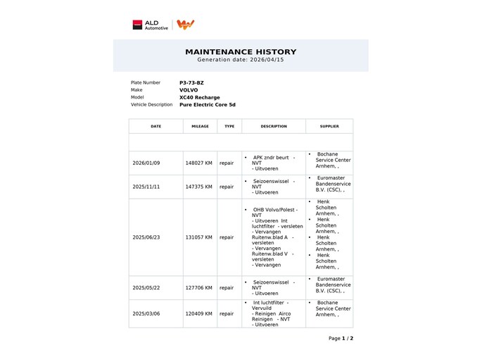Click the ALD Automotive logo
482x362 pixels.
(151, 25)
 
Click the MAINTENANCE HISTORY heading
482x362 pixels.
(241, 51)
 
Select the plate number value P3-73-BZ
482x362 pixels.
(191, 82)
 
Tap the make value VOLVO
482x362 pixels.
(189, 90)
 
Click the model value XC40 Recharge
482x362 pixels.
(200, 97)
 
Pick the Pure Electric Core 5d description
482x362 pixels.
(208, 105)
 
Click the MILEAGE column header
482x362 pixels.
(201, 126)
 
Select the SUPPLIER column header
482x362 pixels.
(329, 126)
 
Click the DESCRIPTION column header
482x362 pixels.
(274, 126)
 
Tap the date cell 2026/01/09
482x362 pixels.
(146, 163)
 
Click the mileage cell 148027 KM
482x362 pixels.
(198, 163)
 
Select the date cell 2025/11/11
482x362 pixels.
(146, 187)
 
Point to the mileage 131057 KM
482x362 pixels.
(198, 237)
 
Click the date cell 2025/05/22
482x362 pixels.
(146, 287)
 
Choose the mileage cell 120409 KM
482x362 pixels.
(198, 313)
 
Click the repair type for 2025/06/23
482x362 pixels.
(227, 237)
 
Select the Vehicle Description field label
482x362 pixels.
(151, 105)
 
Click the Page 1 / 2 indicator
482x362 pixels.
(341, 338)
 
